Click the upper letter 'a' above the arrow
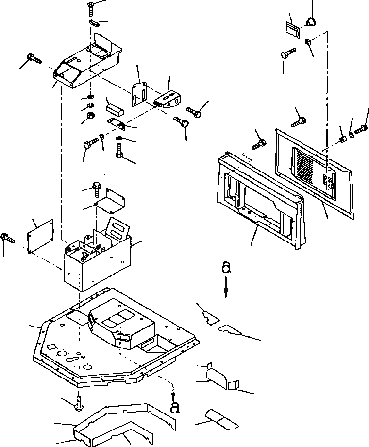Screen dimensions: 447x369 point(225,268)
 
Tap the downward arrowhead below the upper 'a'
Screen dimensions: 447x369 point(225,292)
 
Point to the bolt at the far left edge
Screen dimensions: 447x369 point(7,238)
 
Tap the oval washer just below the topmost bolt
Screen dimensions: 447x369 point(94,23)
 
